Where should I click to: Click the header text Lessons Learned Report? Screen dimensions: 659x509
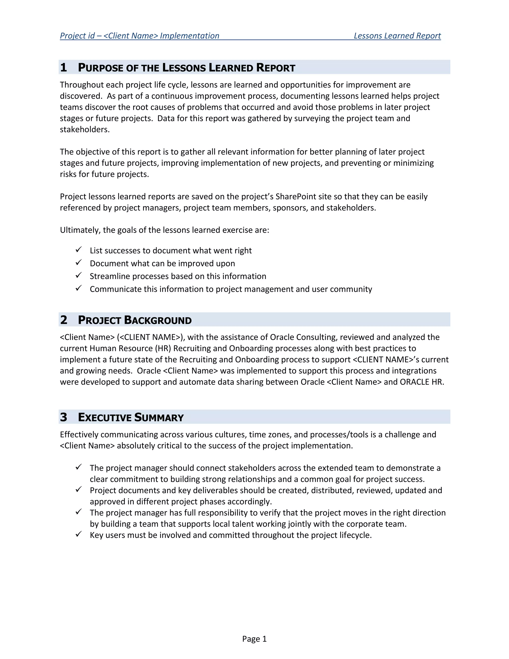(x=397, y=36)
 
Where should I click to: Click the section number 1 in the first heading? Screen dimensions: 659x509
(x=63, y=67)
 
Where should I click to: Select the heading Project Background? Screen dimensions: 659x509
(x=134, y=320)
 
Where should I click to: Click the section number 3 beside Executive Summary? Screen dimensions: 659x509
(x=63, y=417)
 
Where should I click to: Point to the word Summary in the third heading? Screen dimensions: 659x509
(x=159, y=417)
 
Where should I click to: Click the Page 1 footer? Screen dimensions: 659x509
(x=254, y=639)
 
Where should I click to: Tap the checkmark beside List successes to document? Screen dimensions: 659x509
(x=79, y=249)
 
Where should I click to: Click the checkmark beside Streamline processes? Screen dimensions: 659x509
(x=79, y=275)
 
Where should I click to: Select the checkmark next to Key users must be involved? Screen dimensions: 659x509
(x=79, y=534)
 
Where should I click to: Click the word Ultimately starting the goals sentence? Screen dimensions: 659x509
(x=80, y=230)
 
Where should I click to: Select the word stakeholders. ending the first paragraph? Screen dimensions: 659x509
(x=85, y=130)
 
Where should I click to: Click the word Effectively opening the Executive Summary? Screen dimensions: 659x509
(x=79, y=434)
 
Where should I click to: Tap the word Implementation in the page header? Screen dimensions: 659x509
(x=189, y=36)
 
